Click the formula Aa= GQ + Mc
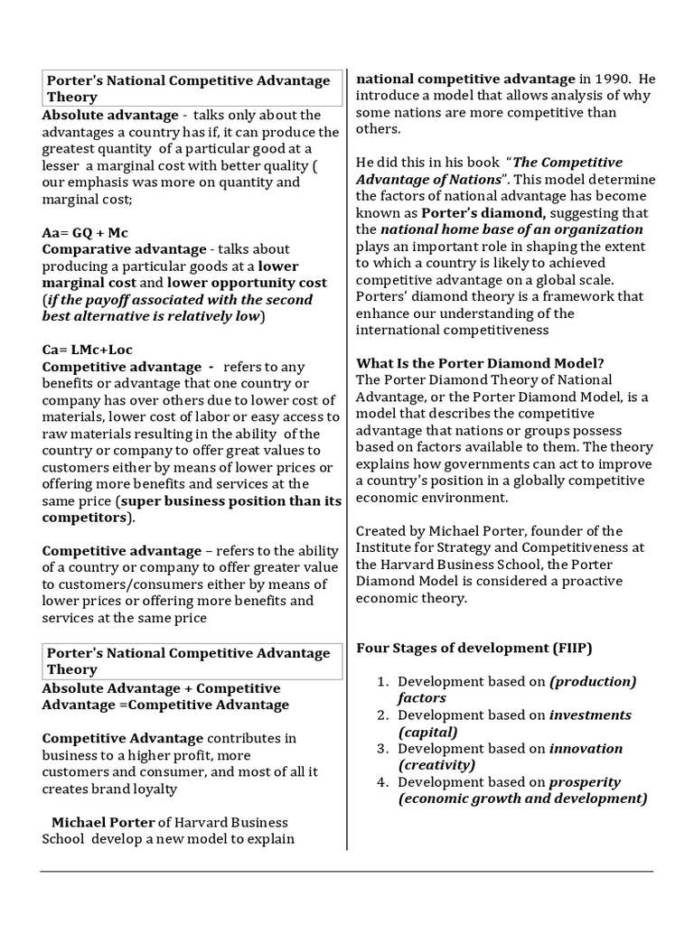(85, 232)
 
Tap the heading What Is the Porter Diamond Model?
(480, 363)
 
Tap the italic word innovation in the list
(586, 748)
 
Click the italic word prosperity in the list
(586, 781)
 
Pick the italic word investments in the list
(590, 715)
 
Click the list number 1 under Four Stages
(383, 681)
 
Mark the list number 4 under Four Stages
(383, 781)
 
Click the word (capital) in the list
(427, 732)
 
